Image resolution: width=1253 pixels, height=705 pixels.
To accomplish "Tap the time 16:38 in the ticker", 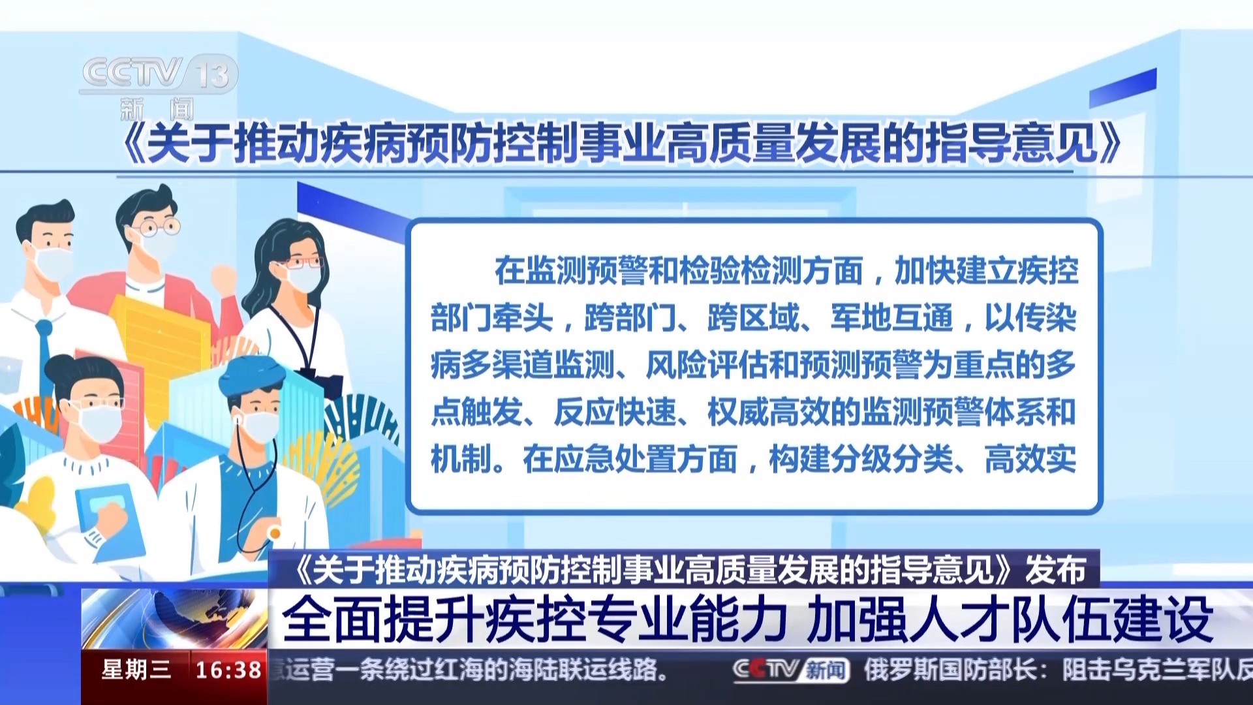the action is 228,670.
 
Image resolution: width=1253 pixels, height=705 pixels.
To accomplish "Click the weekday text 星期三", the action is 136,670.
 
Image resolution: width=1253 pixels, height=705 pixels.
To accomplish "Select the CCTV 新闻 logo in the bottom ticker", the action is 791,670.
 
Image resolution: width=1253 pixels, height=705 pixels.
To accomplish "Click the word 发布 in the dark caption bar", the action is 1055,570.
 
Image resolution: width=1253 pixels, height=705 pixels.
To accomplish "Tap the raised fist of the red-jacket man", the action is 223,280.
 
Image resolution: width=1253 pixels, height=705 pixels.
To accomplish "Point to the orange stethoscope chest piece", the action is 274,533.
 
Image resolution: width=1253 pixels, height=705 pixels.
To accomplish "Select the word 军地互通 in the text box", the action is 892,318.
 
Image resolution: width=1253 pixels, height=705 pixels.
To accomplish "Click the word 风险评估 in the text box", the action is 707,365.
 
